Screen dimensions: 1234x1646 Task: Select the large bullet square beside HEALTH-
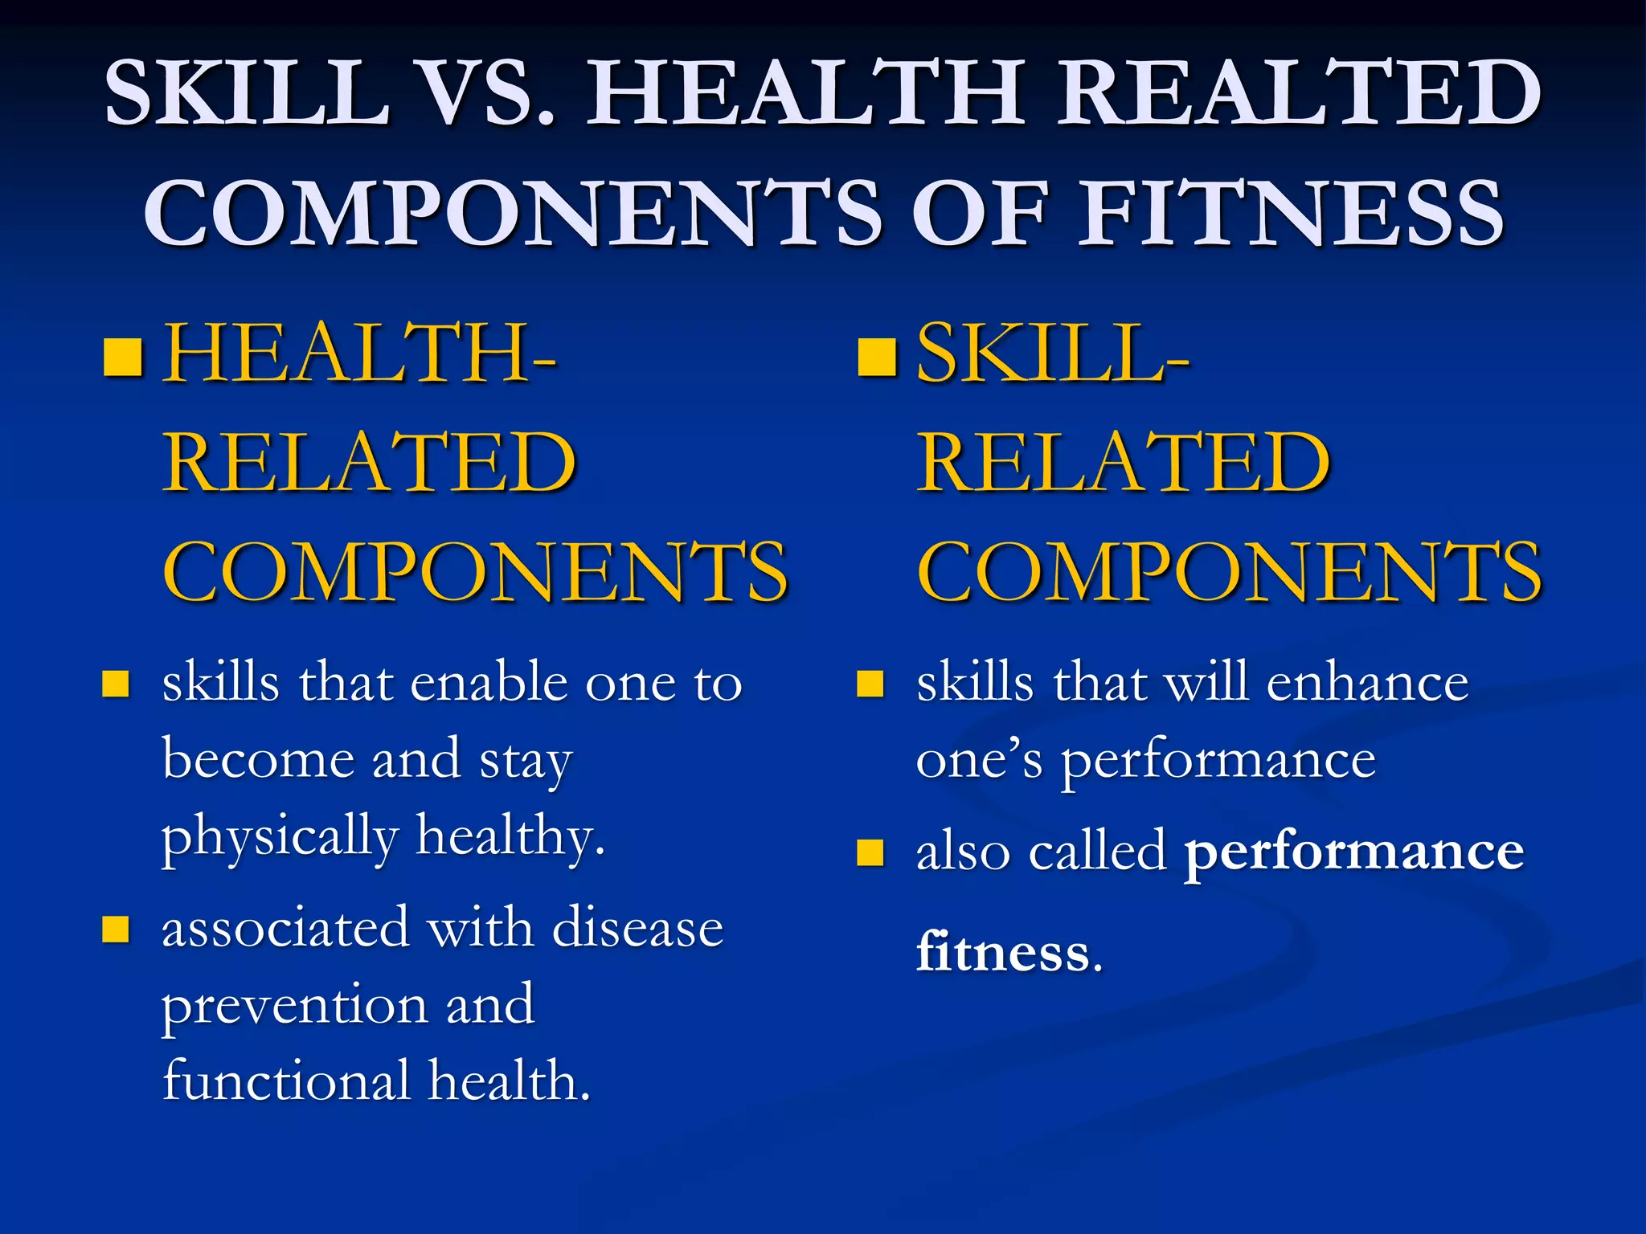click(124, 358)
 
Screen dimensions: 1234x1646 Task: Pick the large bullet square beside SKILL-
click(877, 358)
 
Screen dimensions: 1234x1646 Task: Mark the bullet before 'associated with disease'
click(116, 930)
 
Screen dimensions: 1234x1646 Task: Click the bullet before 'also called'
click(870, 852)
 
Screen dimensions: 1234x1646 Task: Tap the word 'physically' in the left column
click(280, 838)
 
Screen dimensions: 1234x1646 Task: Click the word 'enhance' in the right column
click(1367, 683)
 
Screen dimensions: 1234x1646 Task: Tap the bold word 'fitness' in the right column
click(1003, 953)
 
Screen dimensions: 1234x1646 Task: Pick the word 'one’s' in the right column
click(979, 760)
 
